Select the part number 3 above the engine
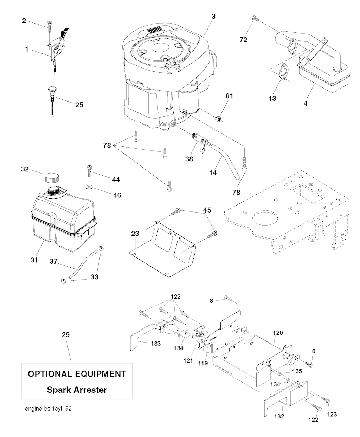(x=213, y=16)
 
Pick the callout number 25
(x=79, y=104)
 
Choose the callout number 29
(x=65, y=335)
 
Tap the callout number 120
(x=277, y=332)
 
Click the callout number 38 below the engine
(x=189, y=158)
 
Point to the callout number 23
(x=135, y=233)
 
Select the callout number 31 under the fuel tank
(x=34, y=260)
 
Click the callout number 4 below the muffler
(x=306, y=104)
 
